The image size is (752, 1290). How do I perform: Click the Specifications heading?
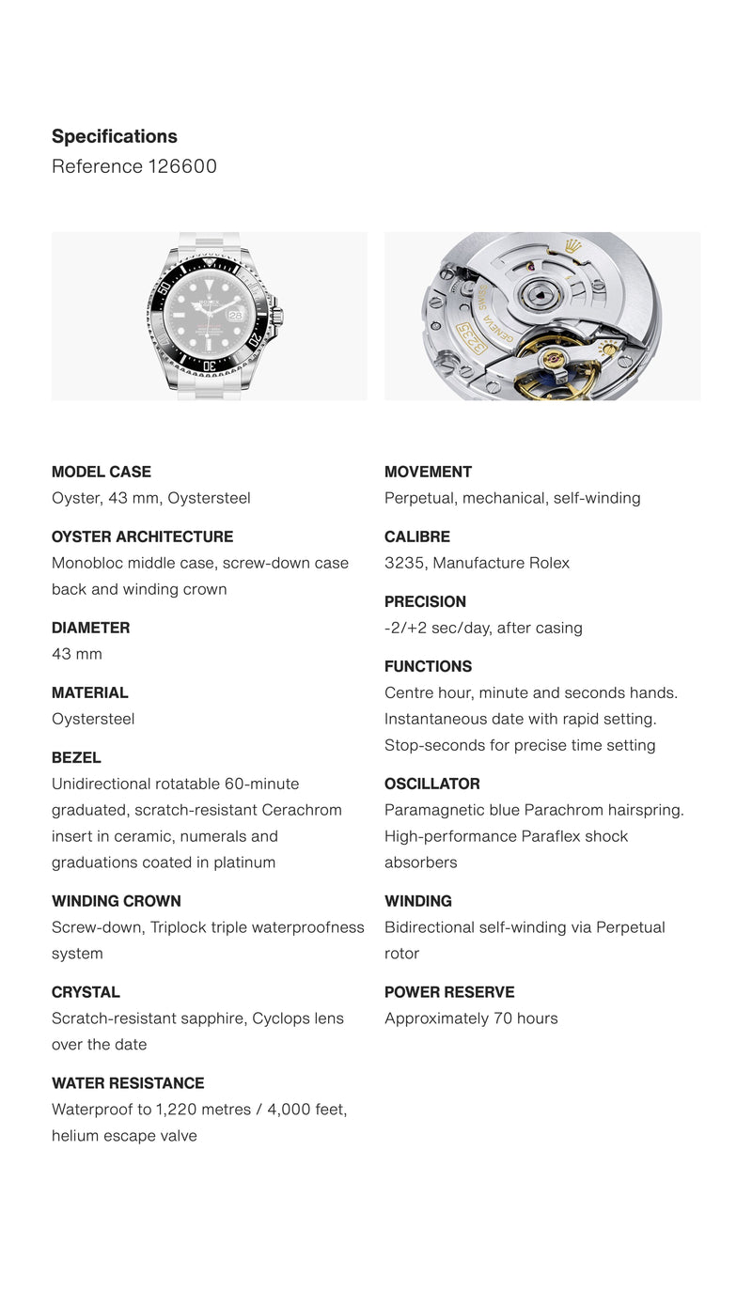click(x=114, y=136)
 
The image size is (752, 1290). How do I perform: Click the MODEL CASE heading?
click(x=101, y=472)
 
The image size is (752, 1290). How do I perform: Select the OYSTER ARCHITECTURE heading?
click(x=142, y=536)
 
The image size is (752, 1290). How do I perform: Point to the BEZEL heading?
click(x=76, y=757)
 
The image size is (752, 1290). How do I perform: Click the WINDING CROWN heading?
click(x=116, y=901)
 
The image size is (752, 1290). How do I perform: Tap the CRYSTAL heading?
click(x=86, y=992)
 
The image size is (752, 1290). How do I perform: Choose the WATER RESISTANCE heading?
click(x=128, y=1083)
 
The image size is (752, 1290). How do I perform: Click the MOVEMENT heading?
click(x=428, y=472)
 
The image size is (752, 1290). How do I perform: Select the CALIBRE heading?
click(x=416, y=536)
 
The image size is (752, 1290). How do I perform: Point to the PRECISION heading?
click(x=425, y=601)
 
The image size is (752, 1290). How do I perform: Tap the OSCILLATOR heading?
click(x=431, y=784)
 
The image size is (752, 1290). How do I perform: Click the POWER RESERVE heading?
click(x=449, y=992)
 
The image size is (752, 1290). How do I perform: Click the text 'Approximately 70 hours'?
click(x=471, y=1018)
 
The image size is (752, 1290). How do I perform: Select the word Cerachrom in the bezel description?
click(x=302, y=810)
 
